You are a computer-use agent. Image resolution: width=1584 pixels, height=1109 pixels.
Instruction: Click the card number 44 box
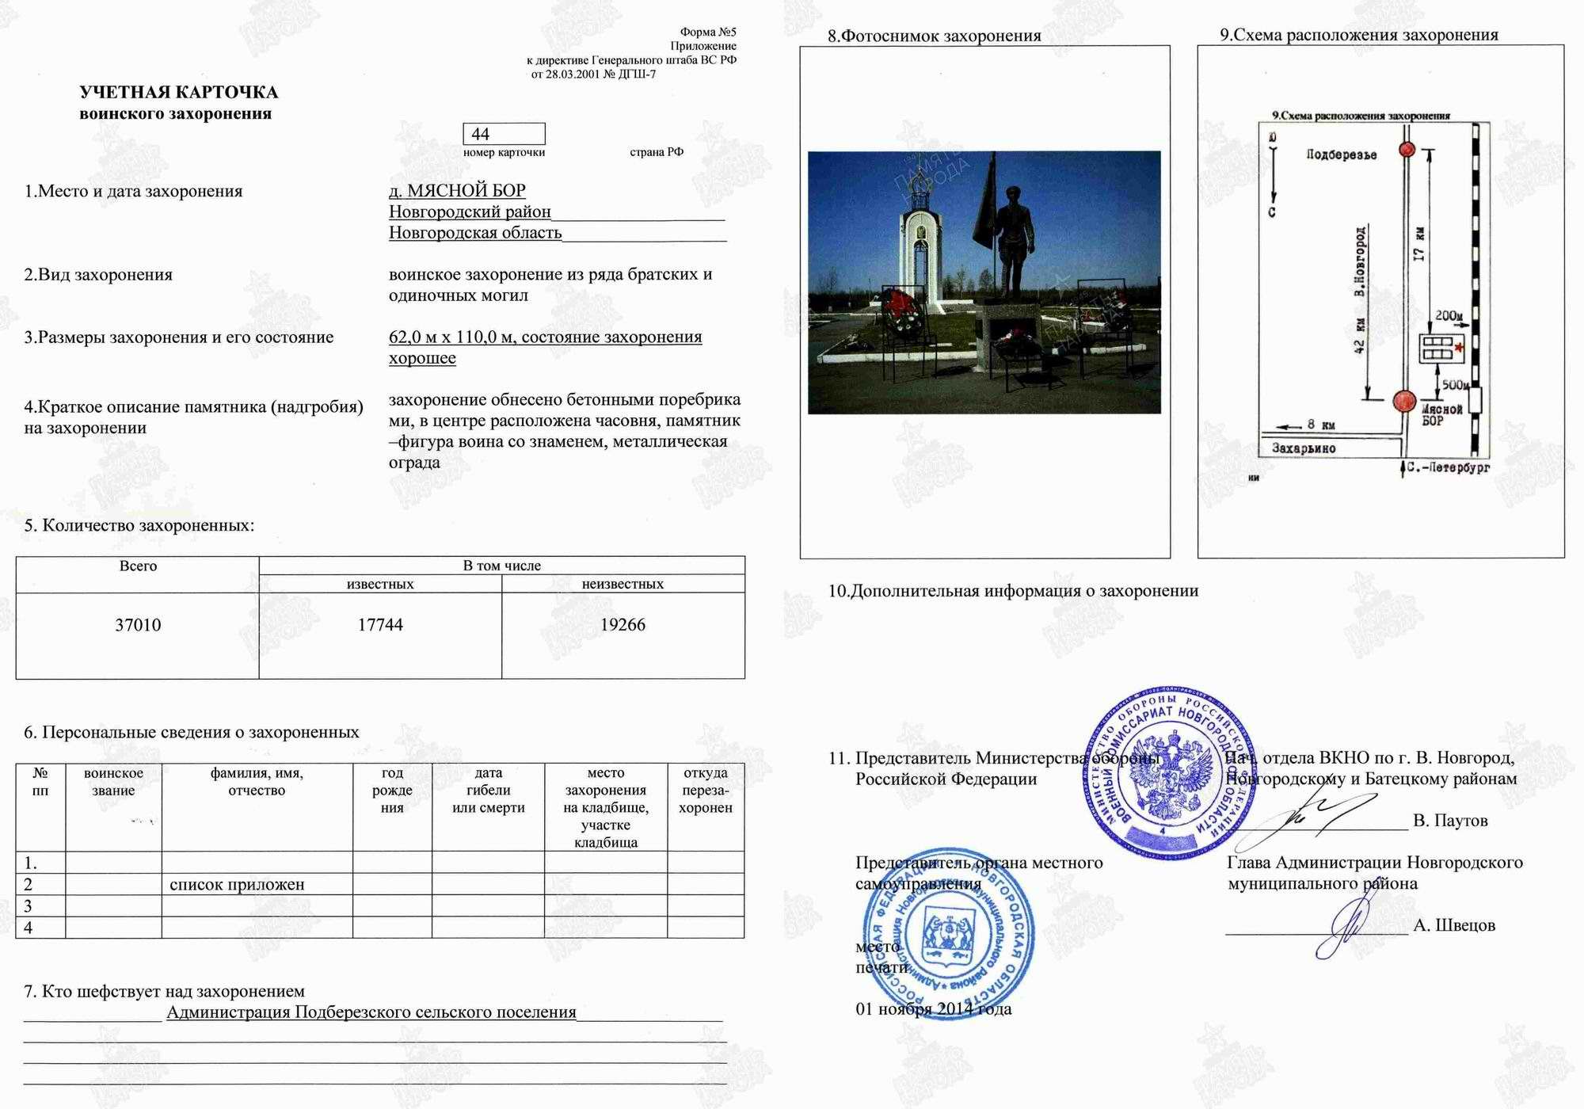click(x=504, y=134)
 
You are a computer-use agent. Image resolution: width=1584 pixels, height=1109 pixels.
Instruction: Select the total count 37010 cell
click(x=138, y=625)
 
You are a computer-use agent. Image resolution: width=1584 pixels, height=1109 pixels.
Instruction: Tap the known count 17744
click(x=380, y=625)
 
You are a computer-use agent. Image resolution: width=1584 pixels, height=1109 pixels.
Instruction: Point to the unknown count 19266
click(x=623, y=625)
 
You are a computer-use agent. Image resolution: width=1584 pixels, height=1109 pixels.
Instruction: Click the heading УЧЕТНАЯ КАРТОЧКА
click(x=178, y=92)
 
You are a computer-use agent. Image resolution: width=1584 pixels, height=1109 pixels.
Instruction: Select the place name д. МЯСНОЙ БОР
click(x=457, y=191)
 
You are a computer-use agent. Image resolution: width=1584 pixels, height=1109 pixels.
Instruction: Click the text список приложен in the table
click(x=237, y=885)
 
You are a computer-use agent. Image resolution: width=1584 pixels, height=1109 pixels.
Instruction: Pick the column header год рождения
click(x=392, y=790)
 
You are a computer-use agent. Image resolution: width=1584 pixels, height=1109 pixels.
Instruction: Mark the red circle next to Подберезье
click(x=1407, y=150)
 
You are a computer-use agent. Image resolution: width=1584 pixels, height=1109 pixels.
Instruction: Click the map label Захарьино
click(x=1304, y=448)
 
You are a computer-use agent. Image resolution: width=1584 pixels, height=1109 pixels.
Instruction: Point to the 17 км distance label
click(x=1418, y=244)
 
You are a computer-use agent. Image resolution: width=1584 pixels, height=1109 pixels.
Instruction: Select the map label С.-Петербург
click(x=1449, y=468)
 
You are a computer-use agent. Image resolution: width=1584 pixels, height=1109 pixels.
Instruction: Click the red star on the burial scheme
click(x=1459, y=347)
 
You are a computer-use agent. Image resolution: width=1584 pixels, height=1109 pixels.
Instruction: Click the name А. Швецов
click(x=1454, y=925)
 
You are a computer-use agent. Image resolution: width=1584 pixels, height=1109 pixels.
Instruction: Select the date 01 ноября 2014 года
click(x=933, y=1009)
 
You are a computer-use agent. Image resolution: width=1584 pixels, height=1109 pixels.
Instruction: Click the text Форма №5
click(x=708, y=32)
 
